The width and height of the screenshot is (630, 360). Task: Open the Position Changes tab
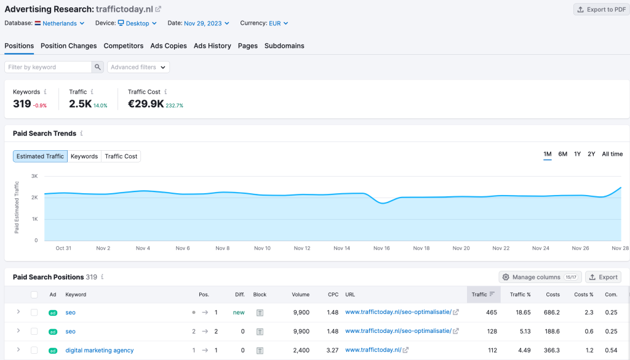(x=69, y=46)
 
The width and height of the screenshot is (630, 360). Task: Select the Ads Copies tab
(x=169, y=46)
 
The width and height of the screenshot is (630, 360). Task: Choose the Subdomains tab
(x=284, y=46)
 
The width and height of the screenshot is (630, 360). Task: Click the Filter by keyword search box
(x=48, y=67)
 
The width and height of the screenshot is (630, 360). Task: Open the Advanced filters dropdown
(x=138, y=67)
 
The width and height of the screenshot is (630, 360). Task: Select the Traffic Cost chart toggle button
(x=121, y=156)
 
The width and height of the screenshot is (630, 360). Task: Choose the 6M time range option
(x=562, y=154)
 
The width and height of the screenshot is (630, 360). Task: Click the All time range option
(x=612, y=154)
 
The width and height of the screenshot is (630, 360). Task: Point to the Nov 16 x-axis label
(x=381, y=248)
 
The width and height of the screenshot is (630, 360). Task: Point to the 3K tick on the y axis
(x=34, y=176)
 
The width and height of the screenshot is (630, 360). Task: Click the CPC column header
(x=333, y=295)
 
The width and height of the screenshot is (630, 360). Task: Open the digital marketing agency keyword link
(x=100, y=350)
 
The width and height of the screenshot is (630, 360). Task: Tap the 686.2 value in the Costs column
(x=552, y=313)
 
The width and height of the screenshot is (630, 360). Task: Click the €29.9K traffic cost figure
(x=146, y=104)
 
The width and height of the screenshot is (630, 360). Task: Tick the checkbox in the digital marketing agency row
(x=34, y=350)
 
